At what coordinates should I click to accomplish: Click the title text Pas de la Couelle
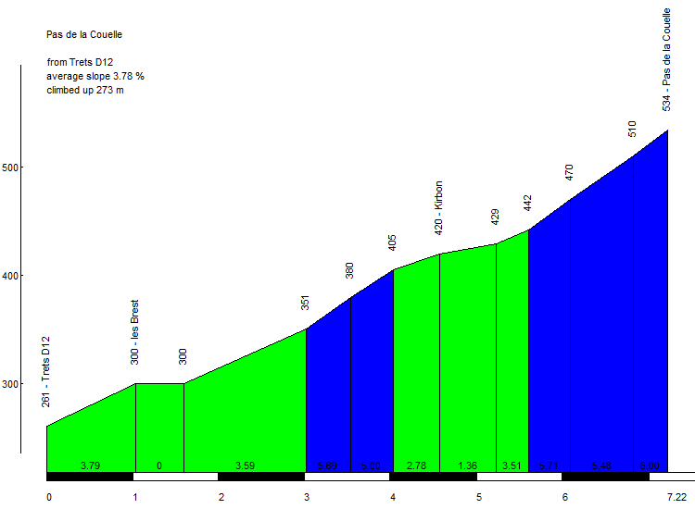coord(84,35)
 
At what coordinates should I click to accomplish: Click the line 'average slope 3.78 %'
coord(95,76)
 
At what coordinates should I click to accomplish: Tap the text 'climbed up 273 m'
coord(85,90)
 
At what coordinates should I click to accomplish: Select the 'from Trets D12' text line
coord(80,62)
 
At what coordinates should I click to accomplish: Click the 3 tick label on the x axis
coord(307,497)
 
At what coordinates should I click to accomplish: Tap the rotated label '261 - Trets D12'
coord(45,371)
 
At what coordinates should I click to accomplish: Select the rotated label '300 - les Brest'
coord(135,332)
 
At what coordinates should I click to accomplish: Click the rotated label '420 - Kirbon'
coord(438,207)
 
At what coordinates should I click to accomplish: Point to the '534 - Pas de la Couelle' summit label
coord(667,60)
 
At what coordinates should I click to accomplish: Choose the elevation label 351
coord(305,304)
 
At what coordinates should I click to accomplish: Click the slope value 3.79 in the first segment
coord(90,466)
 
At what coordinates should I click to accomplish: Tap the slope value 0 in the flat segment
coord(159,466)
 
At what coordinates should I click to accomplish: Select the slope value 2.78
coord(416,466)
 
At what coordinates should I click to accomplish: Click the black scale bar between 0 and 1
coord(90,477)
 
